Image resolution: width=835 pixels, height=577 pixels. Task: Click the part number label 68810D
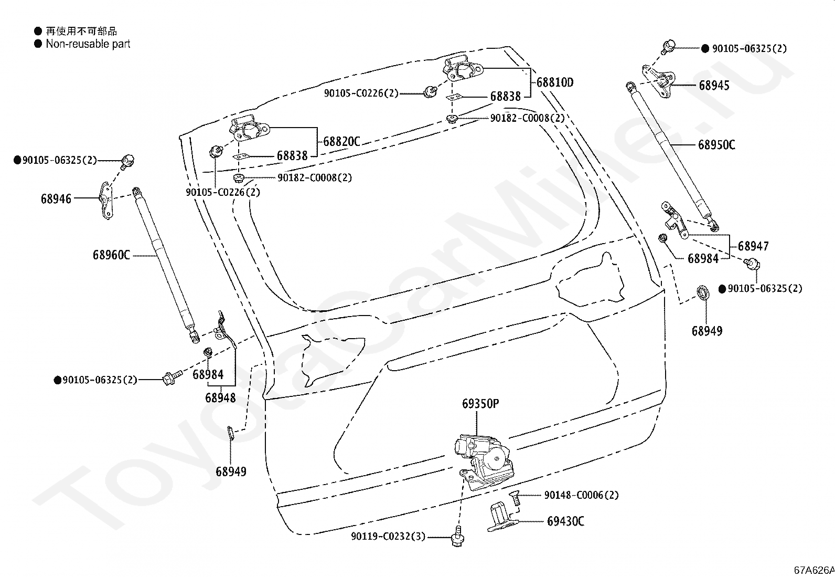555,82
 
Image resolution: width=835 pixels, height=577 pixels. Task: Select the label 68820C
341,141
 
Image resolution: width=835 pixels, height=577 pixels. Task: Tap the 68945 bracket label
714,86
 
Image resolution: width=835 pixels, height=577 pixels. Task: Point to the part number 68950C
716,145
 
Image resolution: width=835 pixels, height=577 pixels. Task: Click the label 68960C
112,255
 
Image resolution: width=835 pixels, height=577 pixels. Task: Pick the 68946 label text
56,199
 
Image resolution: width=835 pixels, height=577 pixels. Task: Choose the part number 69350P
480,403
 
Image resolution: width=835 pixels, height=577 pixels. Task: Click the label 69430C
565,521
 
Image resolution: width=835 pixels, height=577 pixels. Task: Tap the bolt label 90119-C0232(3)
388,537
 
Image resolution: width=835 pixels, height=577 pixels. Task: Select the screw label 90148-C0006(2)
582,495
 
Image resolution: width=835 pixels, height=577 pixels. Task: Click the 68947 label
753,246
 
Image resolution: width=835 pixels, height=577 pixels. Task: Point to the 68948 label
220,398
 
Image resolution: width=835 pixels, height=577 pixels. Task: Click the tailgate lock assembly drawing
484,462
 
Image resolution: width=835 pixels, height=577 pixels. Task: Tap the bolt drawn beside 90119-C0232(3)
458,537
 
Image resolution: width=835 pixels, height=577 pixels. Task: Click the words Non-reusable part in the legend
88,44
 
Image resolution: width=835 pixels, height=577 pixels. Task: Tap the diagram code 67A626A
814,570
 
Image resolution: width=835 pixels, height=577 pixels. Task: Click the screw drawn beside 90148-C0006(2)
515,498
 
